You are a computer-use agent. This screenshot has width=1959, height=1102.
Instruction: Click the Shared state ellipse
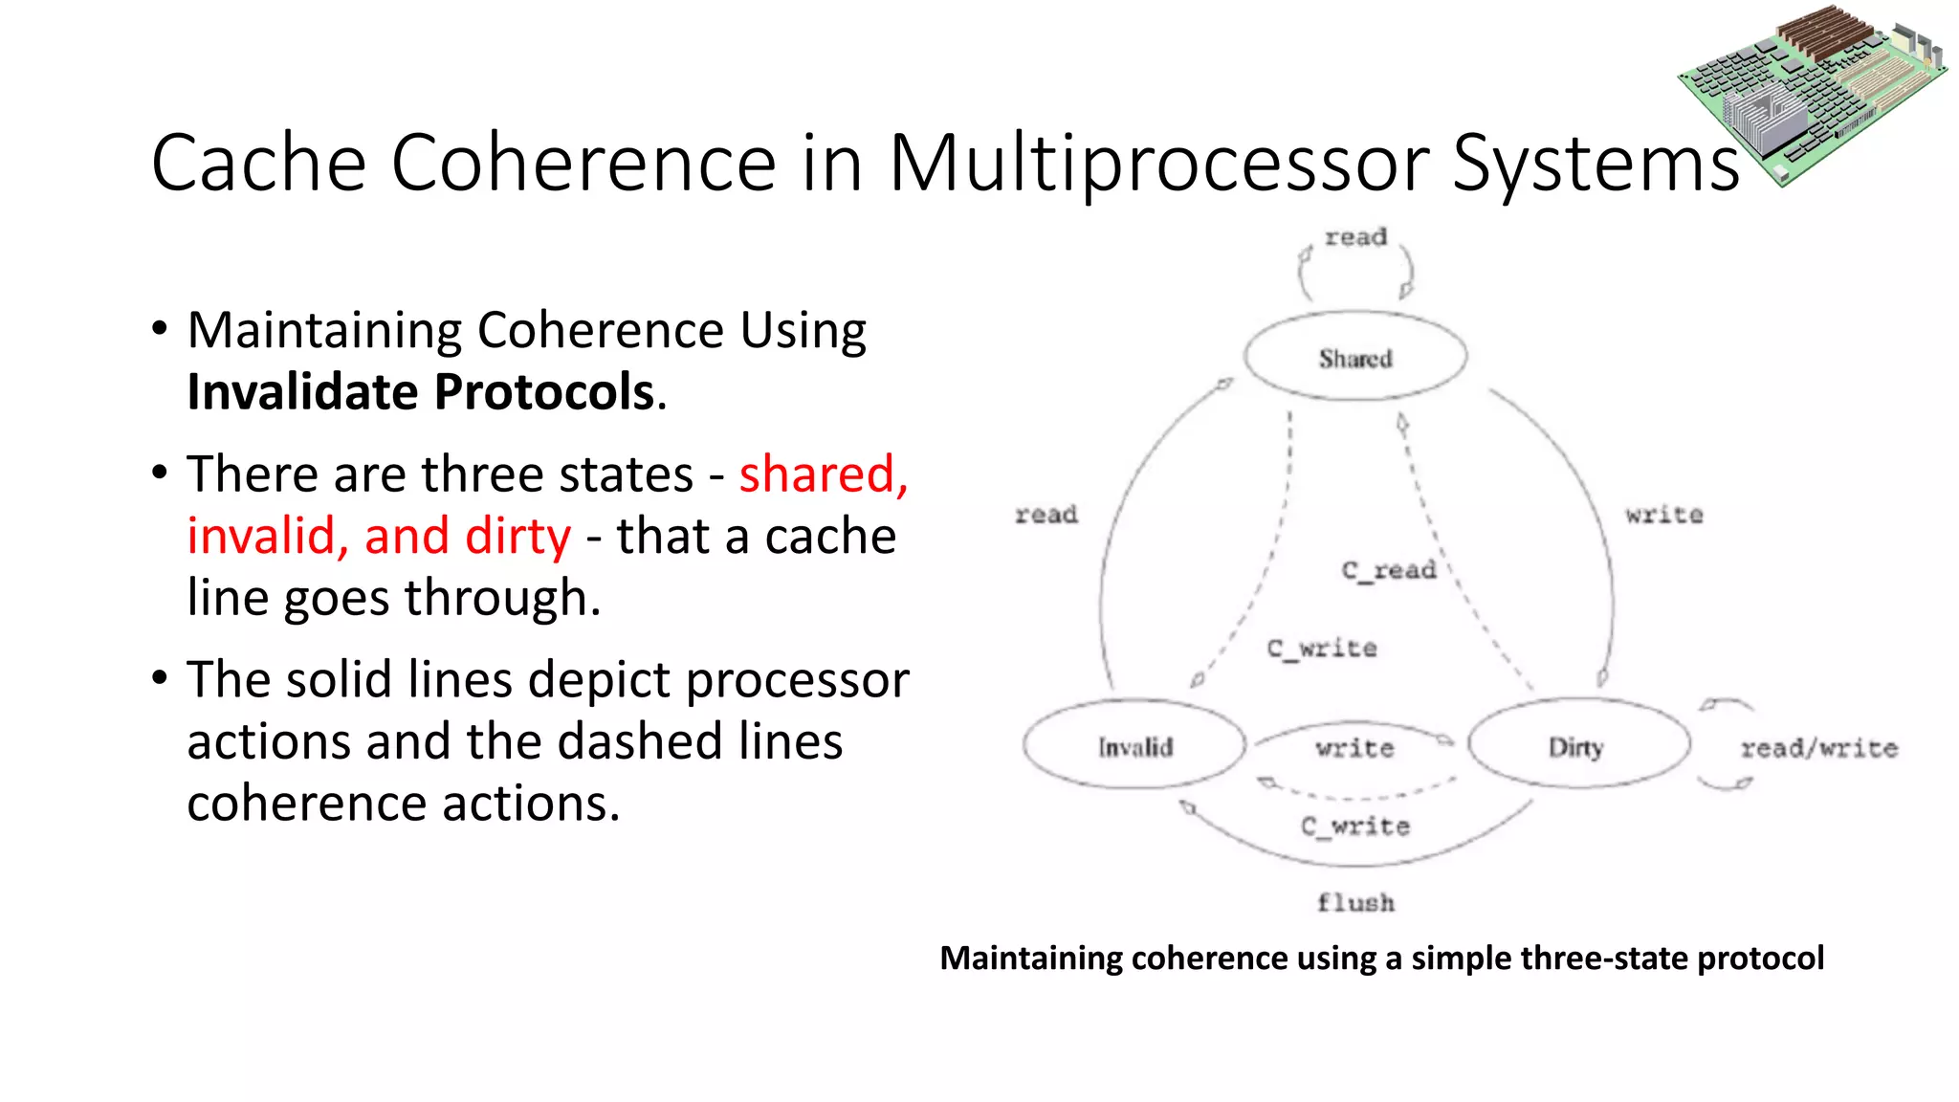1354,358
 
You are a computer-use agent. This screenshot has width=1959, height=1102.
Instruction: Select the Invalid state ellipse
1134,747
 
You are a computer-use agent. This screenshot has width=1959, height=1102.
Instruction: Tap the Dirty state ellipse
1576,747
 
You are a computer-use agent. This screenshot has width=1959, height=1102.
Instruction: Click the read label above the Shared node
1355,237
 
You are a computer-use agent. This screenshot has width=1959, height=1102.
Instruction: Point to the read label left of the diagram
1046,515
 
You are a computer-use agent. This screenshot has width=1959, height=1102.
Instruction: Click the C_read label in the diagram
1389,570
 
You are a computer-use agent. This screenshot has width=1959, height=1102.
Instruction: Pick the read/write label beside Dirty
1818,748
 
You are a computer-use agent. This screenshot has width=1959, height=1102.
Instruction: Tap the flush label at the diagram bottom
1355,902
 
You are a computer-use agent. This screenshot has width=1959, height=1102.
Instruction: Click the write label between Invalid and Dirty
1354,748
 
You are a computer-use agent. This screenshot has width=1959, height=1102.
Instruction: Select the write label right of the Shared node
1663,515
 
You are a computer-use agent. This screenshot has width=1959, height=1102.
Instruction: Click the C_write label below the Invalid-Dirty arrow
1355,826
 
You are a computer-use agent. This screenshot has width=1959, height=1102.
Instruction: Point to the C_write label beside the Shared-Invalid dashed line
1322,649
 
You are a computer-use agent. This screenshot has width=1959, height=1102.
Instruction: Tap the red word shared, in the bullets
823,474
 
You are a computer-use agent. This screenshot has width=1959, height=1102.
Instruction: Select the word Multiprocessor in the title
1158,164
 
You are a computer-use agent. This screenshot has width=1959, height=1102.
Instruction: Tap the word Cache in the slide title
258,164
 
